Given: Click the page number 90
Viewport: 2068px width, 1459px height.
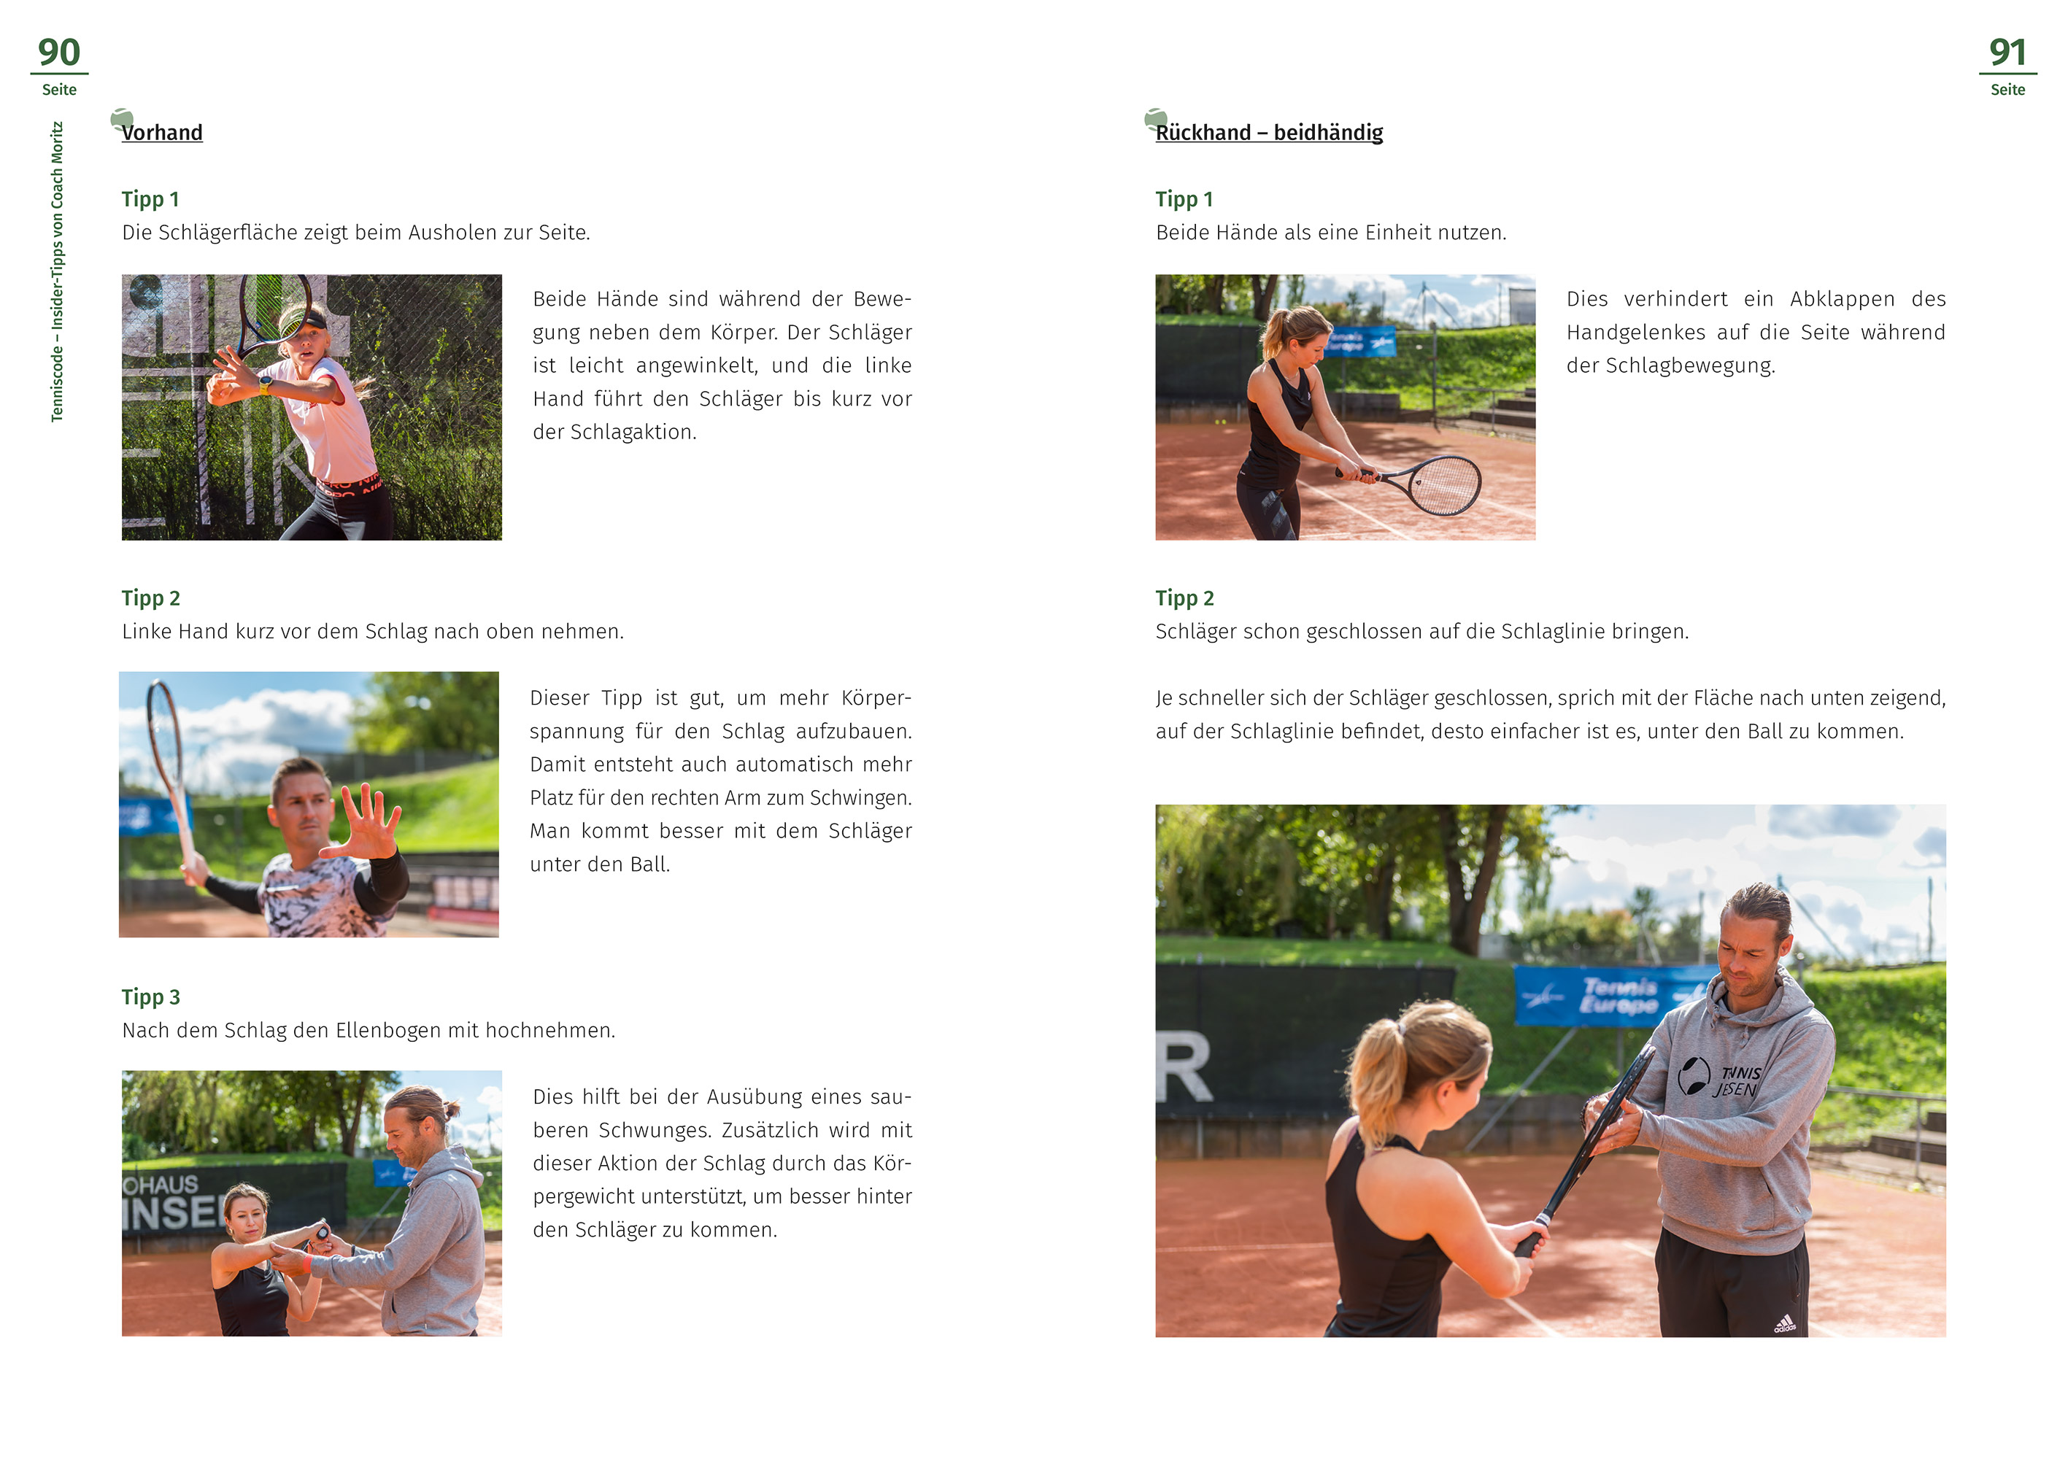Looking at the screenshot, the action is click(x=59, y=53).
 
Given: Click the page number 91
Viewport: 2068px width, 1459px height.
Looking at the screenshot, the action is click(x=2007, y=53).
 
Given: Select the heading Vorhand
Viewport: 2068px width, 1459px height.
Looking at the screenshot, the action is click(x=162, y=132).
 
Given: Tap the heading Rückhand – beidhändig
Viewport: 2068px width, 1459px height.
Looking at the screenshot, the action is click(x=1269, y=132).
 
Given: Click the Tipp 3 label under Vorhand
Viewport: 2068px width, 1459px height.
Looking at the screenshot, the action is click(x=151, y=997).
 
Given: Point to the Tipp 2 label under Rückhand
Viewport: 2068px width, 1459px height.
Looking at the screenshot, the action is click(x=1184, y=598).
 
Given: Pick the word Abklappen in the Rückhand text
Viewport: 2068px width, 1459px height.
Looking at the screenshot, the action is click(x=1842, y=299).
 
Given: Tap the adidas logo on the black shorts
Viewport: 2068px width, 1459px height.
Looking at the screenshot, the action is click(x=1784, y=1324).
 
